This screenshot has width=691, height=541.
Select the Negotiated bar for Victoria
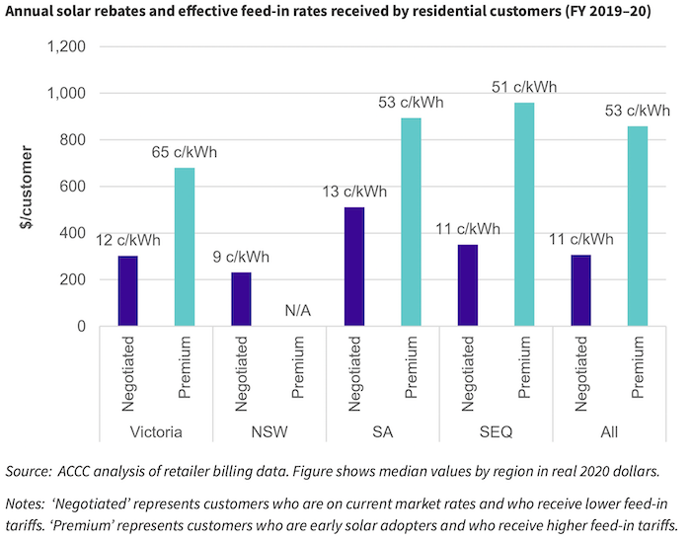point(128,291)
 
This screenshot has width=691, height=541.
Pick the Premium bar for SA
point(411,222)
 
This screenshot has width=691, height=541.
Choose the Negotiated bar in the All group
point(580,290)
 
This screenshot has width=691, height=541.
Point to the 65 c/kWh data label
point(185,153)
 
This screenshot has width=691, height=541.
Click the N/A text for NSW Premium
point(297,310)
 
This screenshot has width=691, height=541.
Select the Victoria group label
point(156,432)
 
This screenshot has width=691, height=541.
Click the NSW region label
point(269,432)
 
